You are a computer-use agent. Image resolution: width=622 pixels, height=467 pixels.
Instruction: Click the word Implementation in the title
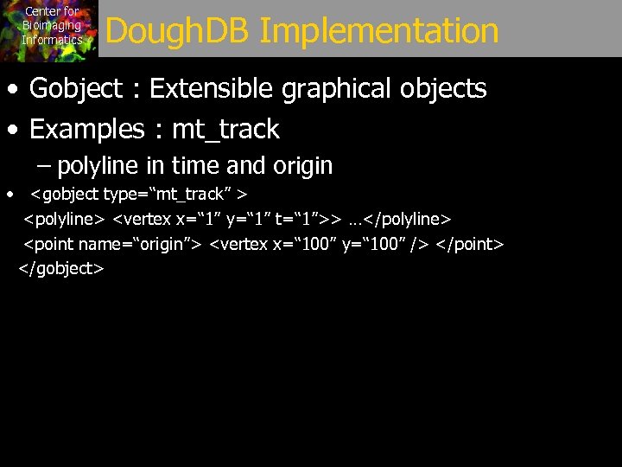click(378, 31)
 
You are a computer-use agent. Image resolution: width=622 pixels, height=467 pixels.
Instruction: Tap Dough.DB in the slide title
click(178, 31)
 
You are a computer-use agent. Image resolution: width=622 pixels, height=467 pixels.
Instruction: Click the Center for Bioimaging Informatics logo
click(50, 29)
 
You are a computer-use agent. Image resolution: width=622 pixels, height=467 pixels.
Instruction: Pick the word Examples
click(86, 130)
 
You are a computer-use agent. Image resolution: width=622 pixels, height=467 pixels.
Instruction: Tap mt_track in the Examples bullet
click(225, 130)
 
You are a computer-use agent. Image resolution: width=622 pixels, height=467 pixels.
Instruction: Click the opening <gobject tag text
click(65, 194)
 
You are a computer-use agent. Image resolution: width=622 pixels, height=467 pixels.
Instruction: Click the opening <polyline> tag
click(64, 219)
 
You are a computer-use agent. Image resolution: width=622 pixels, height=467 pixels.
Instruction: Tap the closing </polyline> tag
click(408, 219)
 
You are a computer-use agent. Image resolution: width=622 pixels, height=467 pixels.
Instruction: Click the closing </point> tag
click(469, 244)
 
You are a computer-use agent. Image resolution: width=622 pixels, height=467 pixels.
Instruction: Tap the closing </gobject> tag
click(61, 269)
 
